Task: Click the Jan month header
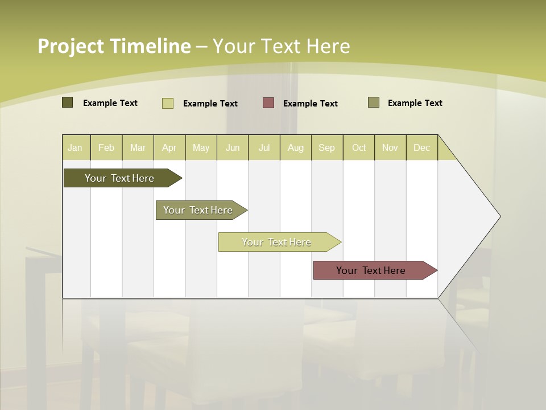coord(76,147)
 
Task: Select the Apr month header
coord(169,147)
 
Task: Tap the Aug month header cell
coord(296,147)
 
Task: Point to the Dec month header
coord(422,147)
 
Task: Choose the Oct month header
coord(359,147)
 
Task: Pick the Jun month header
coord(233,147)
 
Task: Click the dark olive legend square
coord(68,102)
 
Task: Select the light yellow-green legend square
coord(168,103)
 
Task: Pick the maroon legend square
coord(268,103)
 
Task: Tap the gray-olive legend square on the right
coord(374,102)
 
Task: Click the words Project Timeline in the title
coord(114,46)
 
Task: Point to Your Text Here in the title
coord(282,46)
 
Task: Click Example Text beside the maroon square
coord(311,104)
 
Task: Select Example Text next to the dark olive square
coord(110,103)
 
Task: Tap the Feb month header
coord(106,147)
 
